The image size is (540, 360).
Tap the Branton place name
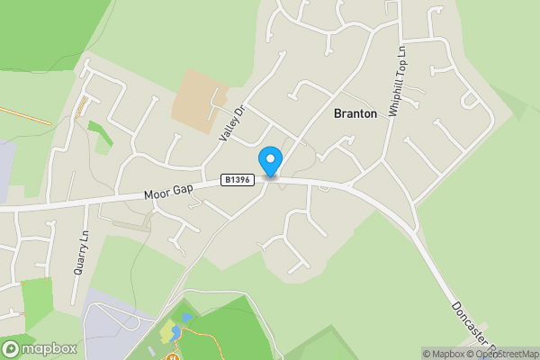pyautogui.click(x=355, y=113)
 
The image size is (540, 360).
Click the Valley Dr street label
pyautogui.click(x=232, y=123)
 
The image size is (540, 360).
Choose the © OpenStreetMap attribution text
pyautogui.click(x=504, y=354)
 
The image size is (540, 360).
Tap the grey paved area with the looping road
pyautogui.click(x=112, y=319)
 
